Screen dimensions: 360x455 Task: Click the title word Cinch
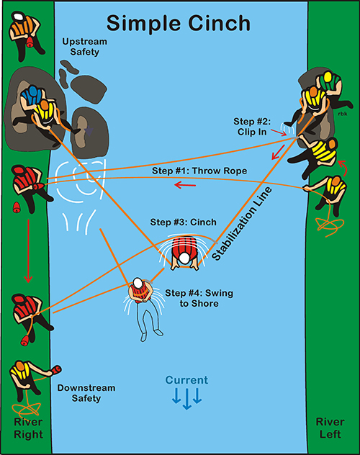pos(219,23)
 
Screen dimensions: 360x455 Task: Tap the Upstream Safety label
pos(85,47)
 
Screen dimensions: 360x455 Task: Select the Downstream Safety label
pos(86,393)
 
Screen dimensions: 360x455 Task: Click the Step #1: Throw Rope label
pos(199,171)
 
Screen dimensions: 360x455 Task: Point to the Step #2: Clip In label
pos(252,127)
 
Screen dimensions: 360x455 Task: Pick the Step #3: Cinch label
pos(184,222)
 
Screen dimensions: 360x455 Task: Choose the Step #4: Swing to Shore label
pos(199,298)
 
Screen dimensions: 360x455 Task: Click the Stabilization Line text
pos(242,223)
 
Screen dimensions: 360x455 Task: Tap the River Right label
pos(28,428)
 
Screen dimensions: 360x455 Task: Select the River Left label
pos(330,428)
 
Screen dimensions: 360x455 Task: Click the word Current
pos(186,380)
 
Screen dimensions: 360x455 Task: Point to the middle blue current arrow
pos(186,399)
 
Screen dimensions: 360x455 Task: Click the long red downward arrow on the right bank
pos(28,251)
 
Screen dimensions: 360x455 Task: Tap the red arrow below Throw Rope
pos(185,185)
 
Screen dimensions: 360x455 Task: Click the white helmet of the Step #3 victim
pos(184,258)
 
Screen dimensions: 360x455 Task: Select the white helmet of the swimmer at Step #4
pos(138,283)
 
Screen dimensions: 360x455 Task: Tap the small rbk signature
pos(343,114)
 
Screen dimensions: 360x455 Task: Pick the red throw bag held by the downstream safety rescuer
pos(56,370)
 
